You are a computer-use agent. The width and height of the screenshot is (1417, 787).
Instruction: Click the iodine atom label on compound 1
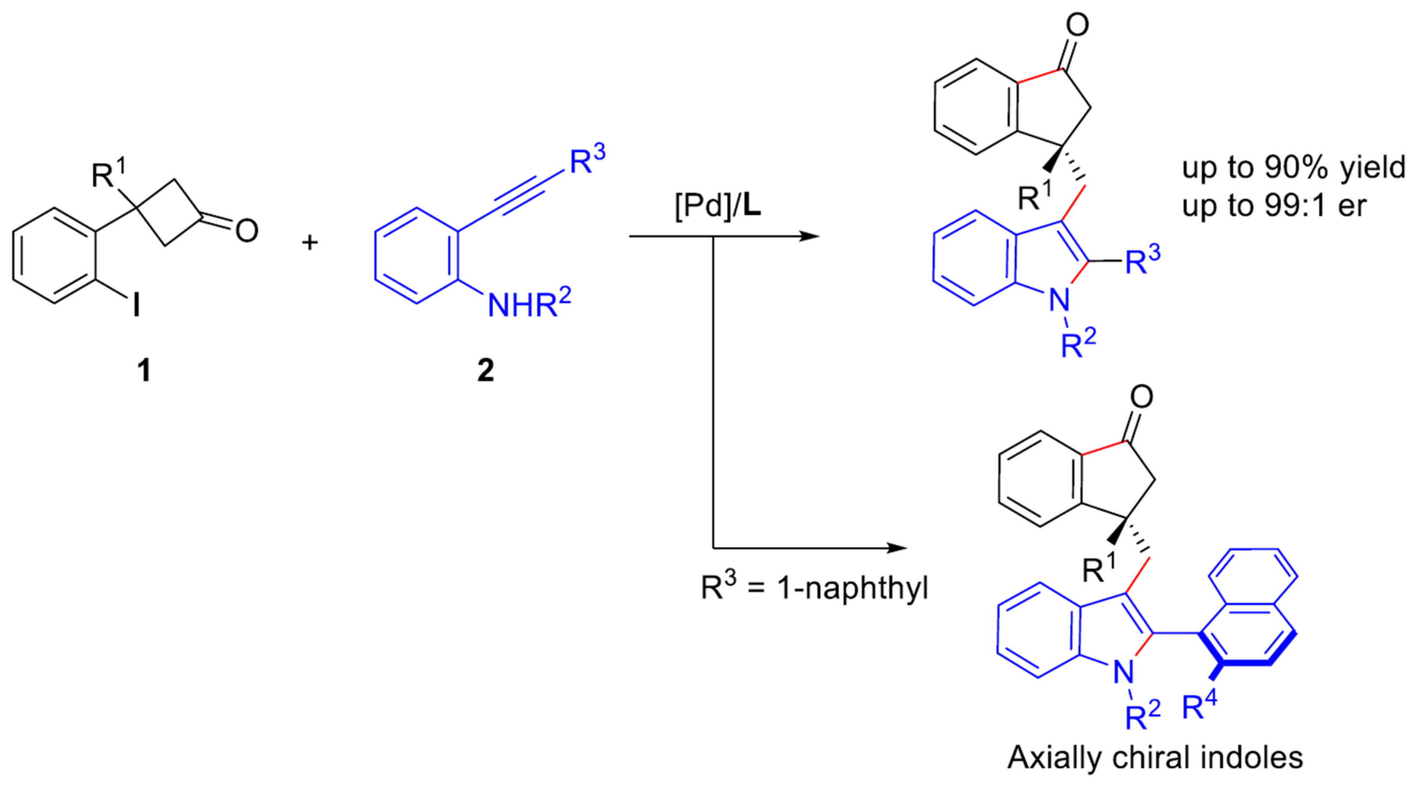pyautogui.click(x=136, y=304)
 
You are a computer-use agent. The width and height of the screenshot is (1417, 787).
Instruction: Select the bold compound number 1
pyautogui.click(x=144, y=371)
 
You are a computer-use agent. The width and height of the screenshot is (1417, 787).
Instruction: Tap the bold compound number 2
pyautogui.click(x=485, y=371)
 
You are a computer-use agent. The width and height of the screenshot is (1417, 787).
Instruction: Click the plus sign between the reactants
pyautogui.click(x=310, y=242)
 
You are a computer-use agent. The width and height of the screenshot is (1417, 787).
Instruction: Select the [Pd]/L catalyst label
pyautogui.click(x=718, y=207)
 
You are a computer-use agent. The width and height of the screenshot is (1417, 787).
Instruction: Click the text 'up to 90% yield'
pyautogui.click(x=1293, y=167)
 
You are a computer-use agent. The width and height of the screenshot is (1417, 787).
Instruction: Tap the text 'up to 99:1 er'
pyautogui.click(x=1274, y=207)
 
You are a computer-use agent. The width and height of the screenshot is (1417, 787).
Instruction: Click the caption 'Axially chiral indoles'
pyautogui.click(x=1155, y=757)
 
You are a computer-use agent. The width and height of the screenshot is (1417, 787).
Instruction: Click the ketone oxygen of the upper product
pyautogui.click(x=1077, y=25)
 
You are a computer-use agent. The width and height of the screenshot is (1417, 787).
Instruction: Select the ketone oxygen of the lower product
pyautogui.click(x=1141, y=397)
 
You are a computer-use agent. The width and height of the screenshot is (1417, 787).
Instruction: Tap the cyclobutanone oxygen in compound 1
pyautogui.click(x=247, y=231)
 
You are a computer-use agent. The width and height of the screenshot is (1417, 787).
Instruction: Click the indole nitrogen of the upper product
pyautogui.click(x=1059, y=300)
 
